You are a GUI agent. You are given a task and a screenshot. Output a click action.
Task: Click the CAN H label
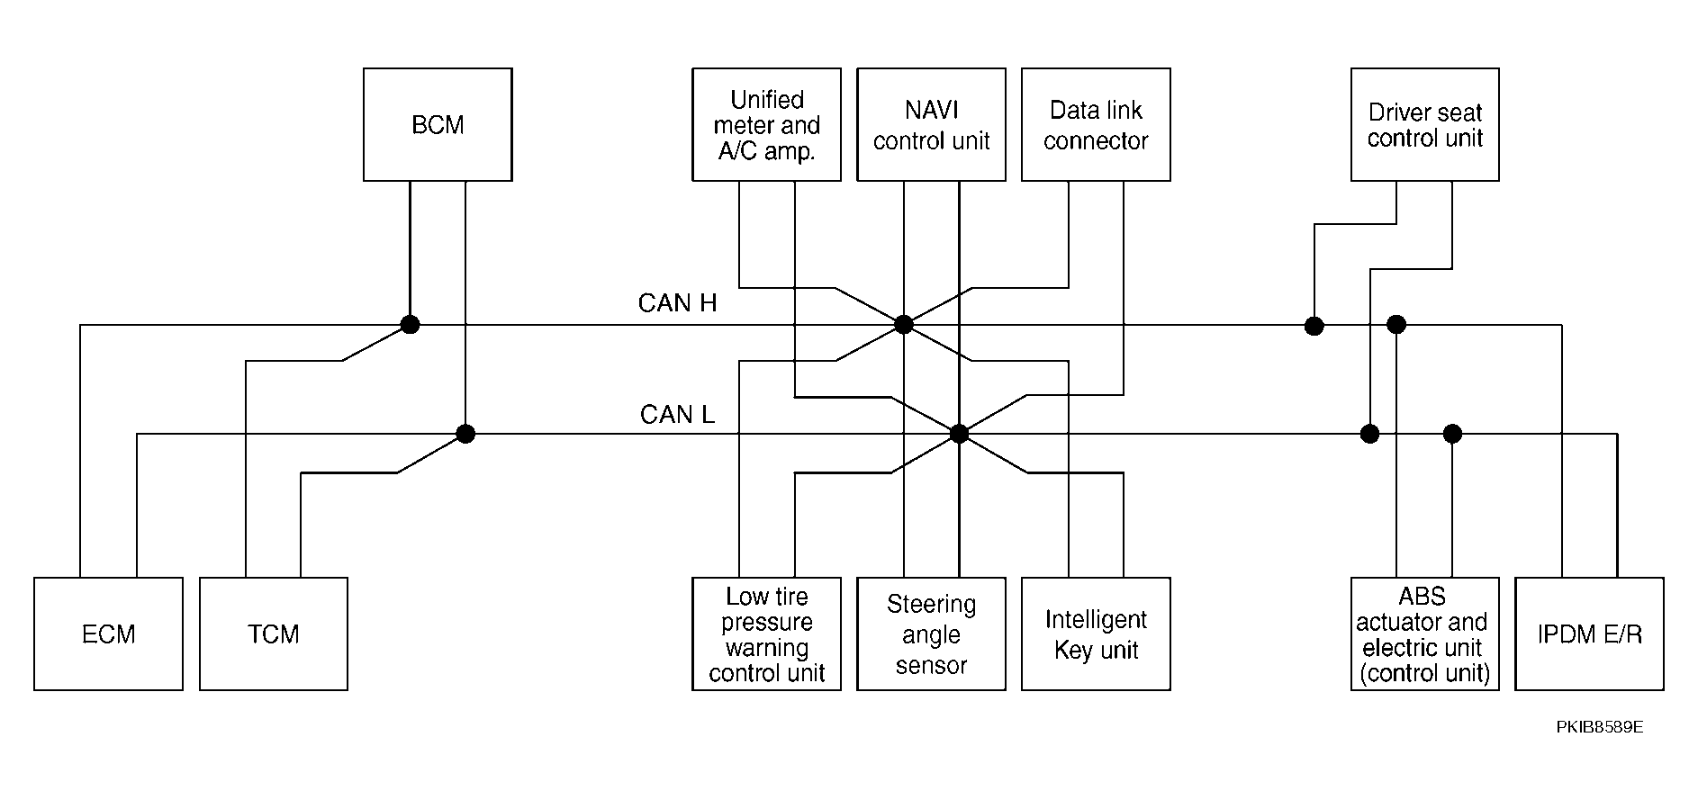[677, 303]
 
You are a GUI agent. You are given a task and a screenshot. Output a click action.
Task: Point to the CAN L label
[677, 415]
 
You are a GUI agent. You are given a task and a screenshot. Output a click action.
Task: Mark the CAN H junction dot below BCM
[410, 325]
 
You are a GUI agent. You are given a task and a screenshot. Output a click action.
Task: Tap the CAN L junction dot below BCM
[465, 434]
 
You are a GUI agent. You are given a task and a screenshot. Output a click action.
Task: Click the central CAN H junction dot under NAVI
[904, 325]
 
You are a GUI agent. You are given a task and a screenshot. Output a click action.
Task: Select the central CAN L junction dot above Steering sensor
[960, 434]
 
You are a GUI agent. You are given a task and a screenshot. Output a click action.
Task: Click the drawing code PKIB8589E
[1600, 727]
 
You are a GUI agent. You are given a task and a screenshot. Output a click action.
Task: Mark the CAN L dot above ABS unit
[1452, 434]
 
